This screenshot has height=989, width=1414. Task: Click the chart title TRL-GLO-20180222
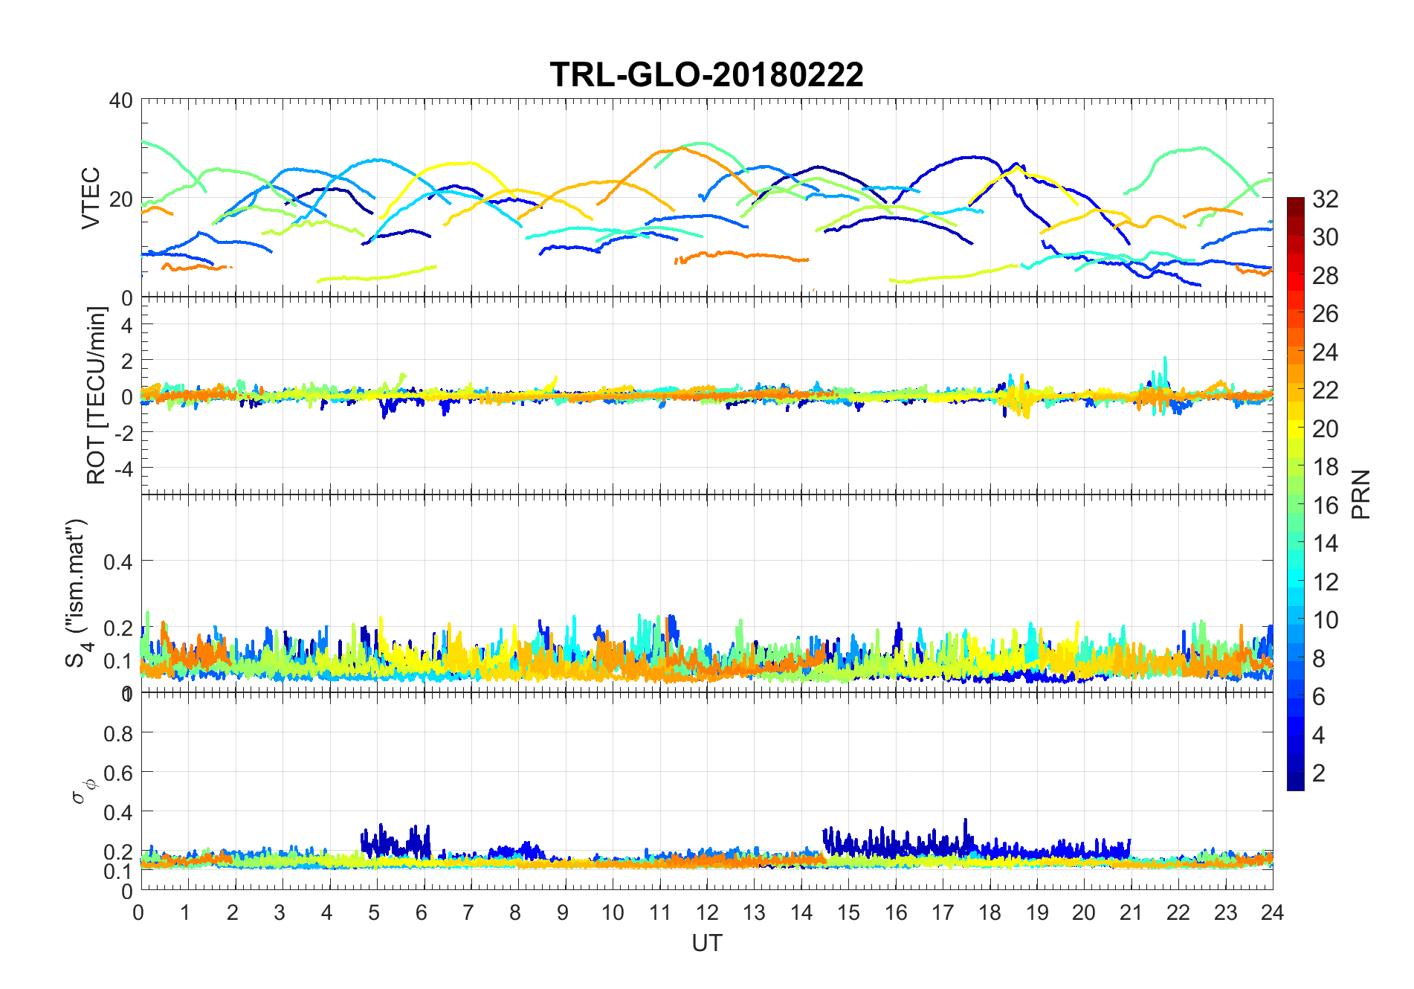706,75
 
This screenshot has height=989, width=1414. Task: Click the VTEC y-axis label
91,198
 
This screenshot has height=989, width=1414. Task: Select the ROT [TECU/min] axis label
97,396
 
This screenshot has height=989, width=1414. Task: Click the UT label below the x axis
706,943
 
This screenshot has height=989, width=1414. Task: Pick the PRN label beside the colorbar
1360,494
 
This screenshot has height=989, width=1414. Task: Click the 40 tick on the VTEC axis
120,100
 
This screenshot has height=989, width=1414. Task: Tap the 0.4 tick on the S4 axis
117,561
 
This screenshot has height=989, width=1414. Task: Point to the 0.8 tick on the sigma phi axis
117,734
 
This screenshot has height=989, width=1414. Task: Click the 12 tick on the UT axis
706,912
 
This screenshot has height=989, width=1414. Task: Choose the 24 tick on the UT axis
1272,912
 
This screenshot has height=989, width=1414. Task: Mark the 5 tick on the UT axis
375,912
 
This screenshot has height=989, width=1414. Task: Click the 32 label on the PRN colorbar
1325,199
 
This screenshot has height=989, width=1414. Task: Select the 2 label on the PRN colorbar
1318,773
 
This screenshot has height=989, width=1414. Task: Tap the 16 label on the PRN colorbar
1325,506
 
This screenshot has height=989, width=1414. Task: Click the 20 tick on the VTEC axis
120,199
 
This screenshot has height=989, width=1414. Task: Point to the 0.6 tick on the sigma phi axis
117,773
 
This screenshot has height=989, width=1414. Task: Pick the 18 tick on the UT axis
990,912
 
